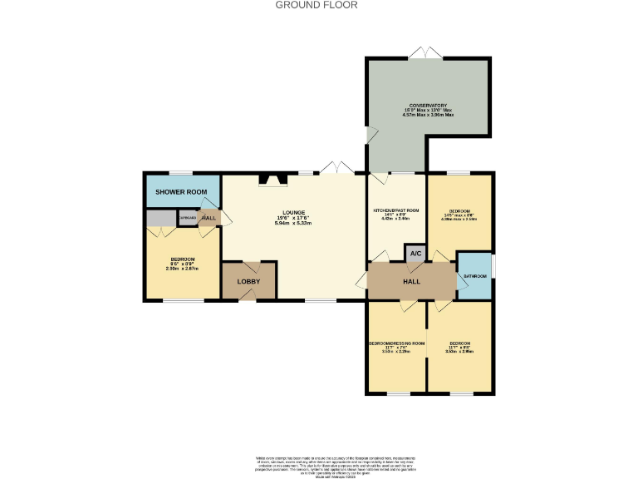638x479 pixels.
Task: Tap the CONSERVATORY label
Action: (x=427, y=106)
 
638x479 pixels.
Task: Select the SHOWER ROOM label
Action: (x=181, y=192)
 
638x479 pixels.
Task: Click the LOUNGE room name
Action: (x=292, y=212)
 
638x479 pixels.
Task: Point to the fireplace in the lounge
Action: (x=272, y=178)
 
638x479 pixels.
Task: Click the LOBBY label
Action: (x=248, y=281)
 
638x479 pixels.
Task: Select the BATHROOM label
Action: (x=474, y=275)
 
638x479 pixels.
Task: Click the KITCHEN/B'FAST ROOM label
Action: (x=396, y=210)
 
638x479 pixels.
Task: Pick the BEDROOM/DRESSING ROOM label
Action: (x=396, y=343)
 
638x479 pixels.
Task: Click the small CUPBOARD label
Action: (x=188, y=218)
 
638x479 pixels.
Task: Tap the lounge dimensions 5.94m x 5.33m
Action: (x=292, y=223)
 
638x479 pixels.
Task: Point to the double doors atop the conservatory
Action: (x=429, y=55)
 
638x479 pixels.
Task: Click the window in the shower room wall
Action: (x=181, y=173)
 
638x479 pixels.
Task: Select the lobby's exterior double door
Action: (x=248, y=299)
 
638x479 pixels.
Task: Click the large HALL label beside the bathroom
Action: (x=411, y=282)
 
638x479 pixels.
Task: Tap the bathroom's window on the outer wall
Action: (x=493, y=266)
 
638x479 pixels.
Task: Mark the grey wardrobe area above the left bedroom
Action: (x=157, y=218)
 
